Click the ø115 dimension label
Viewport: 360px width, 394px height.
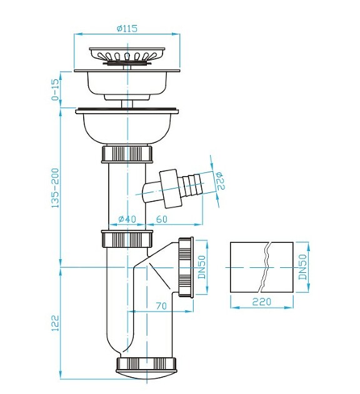tap(127, 28)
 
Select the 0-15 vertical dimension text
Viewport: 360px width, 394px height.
tap(56, 89)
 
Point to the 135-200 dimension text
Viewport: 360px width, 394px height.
tap(56, 187)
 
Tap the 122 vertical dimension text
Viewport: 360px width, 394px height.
tap(56, 322)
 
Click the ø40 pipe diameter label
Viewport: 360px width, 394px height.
tap(127, 219)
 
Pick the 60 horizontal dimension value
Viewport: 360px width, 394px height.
tap(162, 219)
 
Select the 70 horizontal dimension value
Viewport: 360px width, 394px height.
tap(161, 307)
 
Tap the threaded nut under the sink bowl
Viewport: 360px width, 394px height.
tap(126, 154)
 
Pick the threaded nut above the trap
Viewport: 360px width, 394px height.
tap(126, 239)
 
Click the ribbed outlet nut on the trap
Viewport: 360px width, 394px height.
tap(186, 267)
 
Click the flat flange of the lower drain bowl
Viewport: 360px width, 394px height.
tap(127, 112)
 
